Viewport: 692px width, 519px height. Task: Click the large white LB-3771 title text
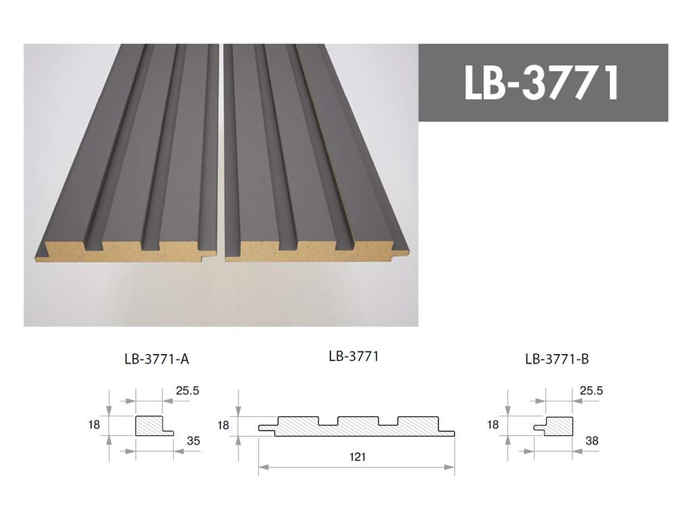(x=542, y=83)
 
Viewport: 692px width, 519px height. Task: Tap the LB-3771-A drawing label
(x=157, y=360)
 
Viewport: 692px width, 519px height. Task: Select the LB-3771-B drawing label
(x=557, y=360)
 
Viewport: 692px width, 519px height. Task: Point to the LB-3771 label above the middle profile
(x=353, y=356)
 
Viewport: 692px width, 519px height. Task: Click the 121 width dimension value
(x=358, y=458)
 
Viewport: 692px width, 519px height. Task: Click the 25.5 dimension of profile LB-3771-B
(x=590, y=391)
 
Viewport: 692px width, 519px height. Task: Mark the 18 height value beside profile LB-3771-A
(x=94, y=425)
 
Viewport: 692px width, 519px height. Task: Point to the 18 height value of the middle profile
(x=224, y=425)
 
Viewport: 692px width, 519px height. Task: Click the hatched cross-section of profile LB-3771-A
(x=150, y=426)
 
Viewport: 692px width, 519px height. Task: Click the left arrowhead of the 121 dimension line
(x=262, y=466)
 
